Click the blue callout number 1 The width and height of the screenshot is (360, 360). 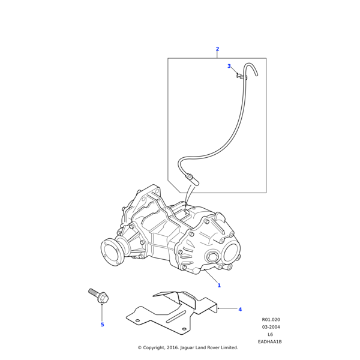(219, 285)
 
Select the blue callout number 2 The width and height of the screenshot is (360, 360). (217, 49)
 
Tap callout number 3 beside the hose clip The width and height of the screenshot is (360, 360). (229, 66)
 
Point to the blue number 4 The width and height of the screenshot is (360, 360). (240, 310)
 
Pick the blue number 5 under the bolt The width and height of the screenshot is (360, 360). (102, 325)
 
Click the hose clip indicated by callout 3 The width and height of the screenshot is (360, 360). (241, 76)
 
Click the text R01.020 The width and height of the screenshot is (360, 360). (271, 320)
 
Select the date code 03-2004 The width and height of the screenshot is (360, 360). (271, 327)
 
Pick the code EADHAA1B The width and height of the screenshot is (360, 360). (269, 341)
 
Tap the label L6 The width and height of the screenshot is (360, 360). (270, 334)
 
